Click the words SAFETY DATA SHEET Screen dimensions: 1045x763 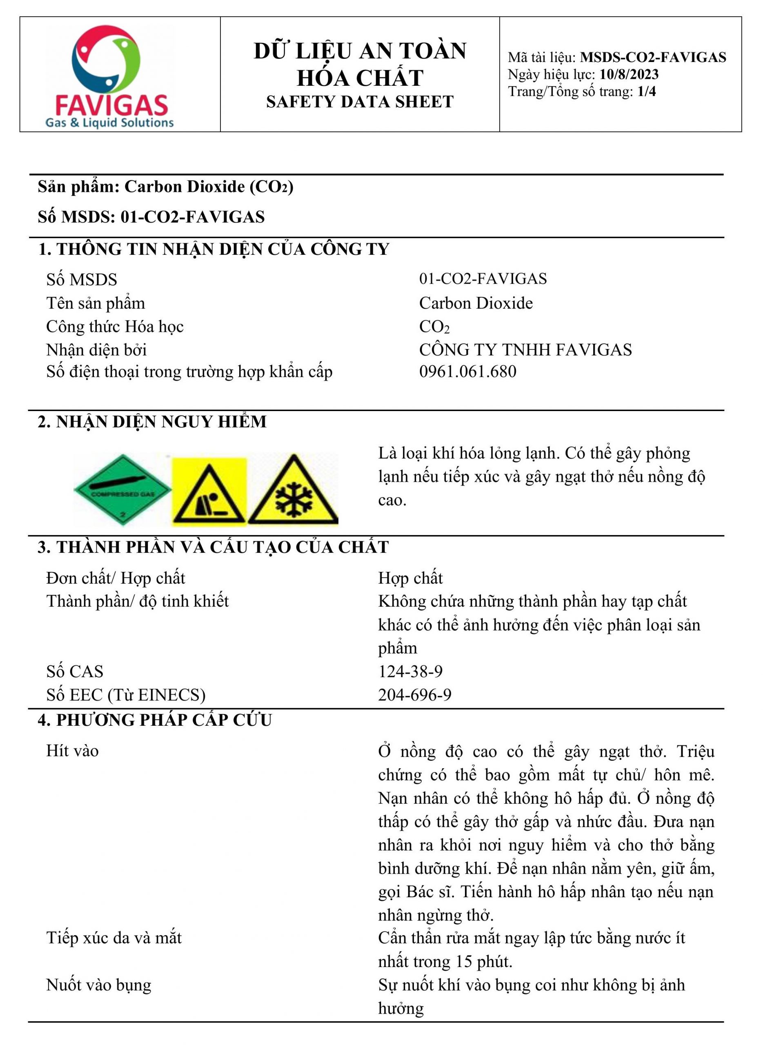[x=360, y=102]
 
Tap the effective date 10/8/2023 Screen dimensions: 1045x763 [x=629, y=74]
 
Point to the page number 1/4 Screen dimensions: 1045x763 [x=646, y=91]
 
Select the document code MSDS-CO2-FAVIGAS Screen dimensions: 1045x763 [x=653, y=57]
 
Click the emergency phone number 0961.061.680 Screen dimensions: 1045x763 [x=467, y=372]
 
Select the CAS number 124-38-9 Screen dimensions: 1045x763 [x=410, y=671]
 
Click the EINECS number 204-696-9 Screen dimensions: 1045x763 [x=414, y=694]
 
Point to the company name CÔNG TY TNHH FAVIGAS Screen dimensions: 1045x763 [x=525, y=349]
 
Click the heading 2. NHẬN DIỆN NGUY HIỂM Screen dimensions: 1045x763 [x=152, y=422]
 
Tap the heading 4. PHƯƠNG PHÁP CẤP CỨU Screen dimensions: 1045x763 [x=155, y=720]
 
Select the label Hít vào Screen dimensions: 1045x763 [x=73, y=751]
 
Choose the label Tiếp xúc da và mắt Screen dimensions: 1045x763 [x=114, y=938]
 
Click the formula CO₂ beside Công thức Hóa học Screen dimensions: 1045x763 [x=434, y=327]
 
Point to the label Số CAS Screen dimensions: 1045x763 [x=75, y=671]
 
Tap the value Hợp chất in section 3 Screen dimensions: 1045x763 [x=410, y=578]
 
